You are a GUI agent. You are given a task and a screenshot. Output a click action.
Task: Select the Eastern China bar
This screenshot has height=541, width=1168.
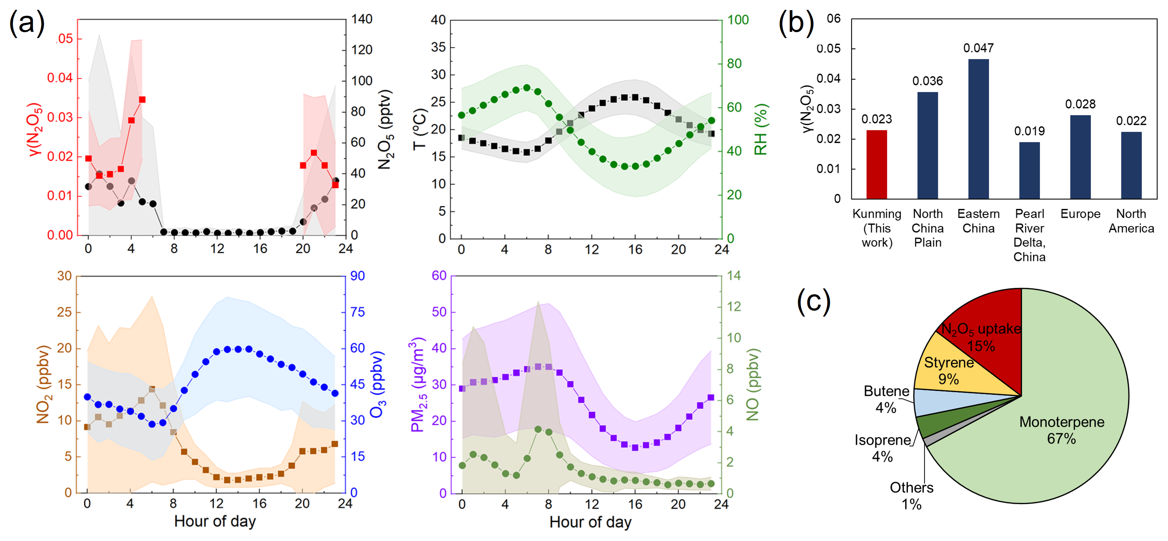979,129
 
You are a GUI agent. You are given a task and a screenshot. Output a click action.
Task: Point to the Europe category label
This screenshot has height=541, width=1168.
1080,214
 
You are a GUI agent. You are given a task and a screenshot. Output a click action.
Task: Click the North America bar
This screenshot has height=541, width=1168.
1131,165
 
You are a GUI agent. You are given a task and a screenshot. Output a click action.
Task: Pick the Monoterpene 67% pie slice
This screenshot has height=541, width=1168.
1061,430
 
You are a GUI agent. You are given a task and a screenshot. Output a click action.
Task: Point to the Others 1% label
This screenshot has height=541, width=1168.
911,496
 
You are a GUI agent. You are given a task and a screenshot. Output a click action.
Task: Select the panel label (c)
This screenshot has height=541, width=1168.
813,301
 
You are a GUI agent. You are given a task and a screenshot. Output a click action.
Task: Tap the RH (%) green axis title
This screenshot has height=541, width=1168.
761,129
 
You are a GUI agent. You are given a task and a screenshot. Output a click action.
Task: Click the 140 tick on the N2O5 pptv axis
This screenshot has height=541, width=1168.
362,19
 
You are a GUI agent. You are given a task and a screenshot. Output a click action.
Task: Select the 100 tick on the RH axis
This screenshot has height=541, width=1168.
738,20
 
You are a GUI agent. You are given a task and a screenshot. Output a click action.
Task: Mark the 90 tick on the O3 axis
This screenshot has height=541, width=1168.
357,276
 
